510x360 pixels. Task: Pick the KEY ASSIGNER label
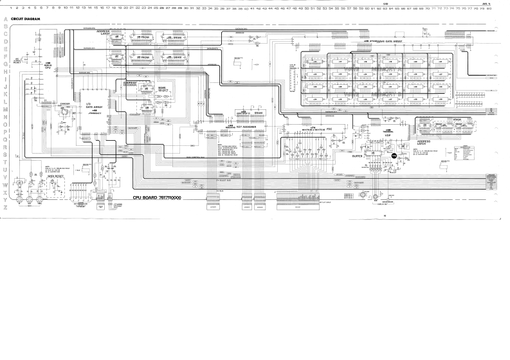coord(246,127)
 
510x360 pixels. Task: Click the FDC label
coord(329,130)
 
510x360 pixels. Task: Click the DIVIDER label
coord(65,104)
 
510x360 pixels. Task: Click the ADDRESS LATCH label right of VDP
coord(424,142)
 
